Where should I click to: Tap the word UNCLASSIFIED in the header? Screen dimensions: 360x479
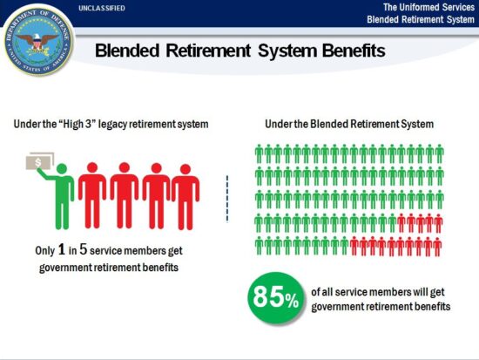(x=101, y=8)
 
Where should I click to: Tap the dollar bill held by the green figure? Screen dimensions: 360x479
(x=40, y=162)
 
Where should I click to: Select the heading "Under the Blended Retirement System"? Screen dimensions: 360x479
(x=358, y=125)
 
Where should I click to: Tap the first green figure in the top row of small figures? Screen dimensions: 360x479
(x=260, y=155)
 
